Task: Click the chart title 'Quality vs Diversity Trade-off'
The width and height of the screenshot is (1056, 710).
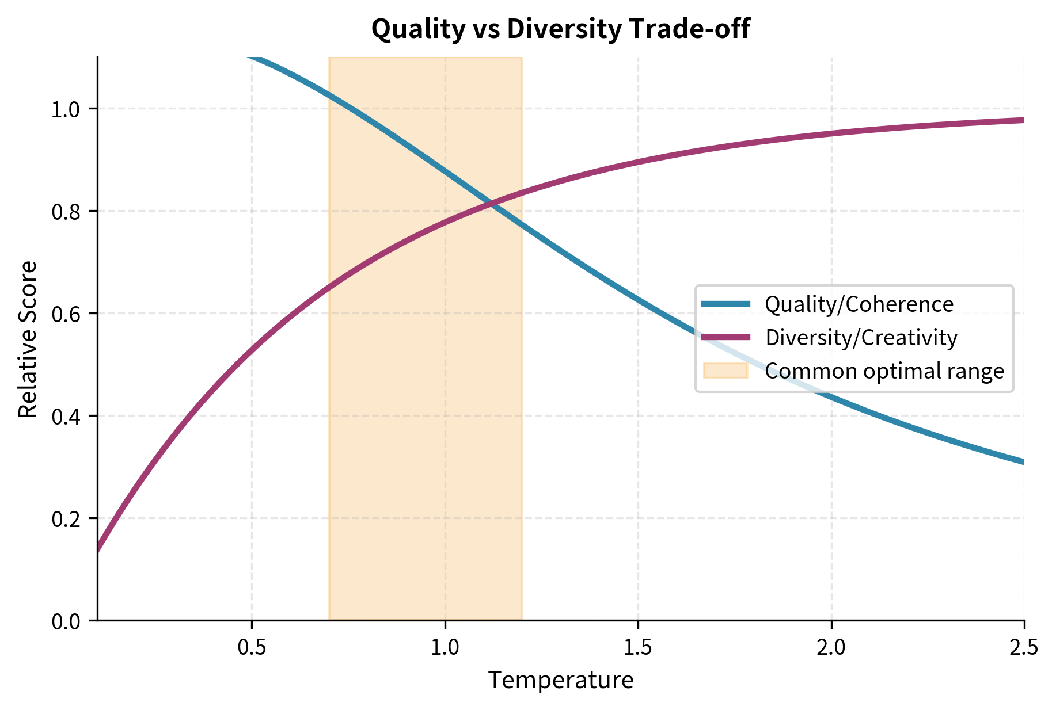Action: (x=560, y=29)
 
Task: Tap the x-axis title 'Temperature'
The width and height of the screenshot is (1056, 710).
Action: (x=560, y=680)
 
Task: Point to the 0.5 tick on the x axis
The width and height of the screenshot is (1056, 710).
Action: (x=252, y=648)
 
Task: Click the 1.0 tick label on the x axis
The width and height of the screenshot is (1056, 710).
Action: (x=445, y=648)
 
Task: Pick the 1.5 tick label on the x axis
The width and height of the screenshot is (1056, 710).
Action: (x=638, y=648)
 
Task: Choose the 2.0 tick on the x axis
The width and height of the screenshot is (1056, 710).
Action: (x=831, y=648)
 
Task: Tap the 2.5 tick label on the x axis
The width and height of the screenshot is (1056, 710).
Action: (x=1024, y=648)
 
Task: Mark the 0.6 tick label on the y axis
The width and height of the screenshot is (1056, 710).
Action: (x=67, y=314)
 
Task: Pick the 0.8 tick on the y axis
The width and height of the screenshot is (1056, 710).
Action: (x=67, y=212)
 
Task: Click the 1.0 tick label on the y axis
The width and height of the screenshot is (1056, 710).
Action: (x=67, y=109)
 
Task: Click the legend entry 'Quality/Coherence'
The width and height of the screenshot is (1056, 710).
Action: (x=859, y=304)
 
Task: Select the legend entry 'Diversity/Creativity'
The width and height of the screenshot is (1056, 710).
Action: (x=861, y=337)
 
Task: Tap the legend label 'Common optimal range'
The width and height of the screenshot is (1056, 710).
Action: (x=884, y=371)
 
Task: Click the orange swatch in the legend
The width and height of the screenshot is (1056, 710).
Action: (x=725, y=371)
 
